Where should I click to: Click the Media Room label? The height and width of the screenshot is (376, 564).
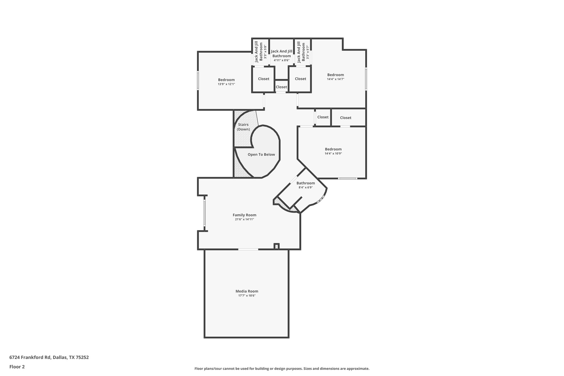(247, 291)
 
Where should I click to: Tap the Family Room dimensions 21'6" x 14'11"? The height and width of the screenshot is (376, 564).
(244, 220)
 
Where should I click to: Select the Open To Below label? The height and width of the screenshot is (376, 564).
(261, 155)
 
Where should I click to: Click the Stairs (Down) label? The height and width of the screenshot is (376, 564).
(243, 127)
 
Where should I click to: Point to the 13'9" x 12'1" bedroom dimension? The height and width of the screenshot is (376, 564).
(226, 84)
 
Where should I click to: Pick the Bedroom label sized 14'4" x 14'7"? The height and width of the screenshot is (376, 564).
(335, 75)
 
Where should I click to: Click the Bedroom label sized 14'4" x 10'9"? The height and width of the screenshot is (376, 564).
(333, 149)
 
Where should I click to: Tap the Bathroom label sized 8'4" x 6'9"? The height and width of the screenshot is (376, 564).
(305, 183)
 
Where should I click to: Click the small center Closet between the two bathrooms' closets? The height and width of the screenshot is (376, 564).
(281, 87)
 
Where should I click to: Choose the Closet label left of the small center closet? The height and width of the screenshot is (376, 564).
(264, 79)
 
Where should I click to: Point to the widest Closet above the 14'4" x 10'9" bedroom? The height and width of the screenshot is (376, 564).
(345, 118)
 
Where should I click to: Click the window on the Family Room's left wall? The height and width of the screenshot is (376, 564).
(204, 213)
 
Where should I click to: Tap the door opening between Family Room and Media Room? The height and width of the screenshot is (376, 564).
(248, 249)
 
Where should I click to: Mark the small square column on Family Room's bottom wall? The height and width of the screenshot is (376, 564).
(276, 246)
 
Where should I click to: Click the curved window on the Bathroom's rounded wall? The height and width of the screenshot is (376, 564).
(321, 199)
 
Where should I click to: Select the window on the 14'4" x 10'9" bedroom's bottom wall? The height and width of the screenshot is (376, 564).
(348, 178)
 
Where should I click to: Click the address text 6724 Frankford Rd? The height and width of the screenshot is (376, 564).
(30, 357)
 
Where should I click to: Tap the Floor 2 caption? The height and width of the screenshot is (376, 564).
(17, 367)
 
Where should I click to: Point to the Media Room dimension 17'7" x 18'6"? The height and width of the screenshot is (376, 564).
(247, 296)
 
